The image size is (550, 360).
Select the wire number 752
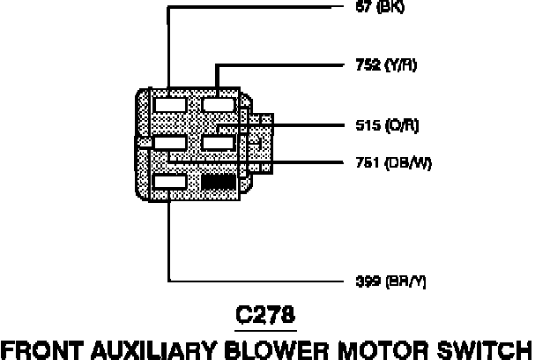[x=354, y=64]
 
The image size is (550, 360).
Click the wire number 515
[x=354, y=125]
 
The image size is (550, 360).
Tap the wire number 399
[x=355, y=281]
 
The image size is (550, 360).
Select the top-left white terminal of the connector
[x=168, y=104]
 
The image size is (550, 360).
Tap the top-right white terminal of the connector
[x=217, y=104]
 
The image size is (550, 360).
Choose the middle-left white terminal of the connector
[x=168, y=142]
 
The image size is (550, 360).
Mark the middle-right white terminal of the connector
[x=217, y=142]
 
